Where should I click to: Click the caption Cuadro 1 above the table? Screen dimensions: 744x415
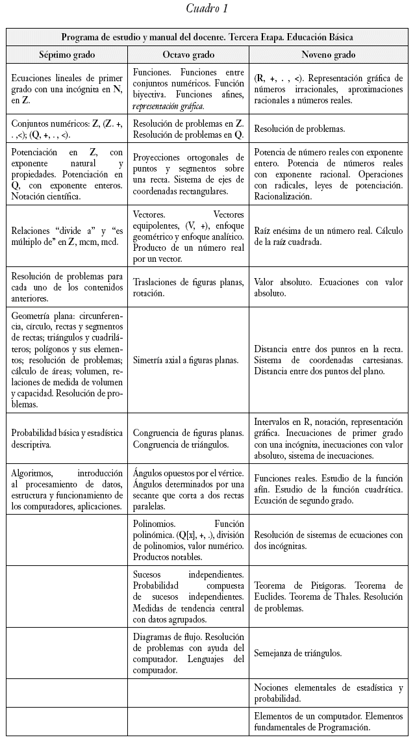point(207,8)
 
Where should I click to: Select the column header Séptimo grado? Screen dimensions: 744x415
point(66,55)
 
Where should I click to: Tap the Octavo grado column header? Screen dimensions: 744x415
point(188,55)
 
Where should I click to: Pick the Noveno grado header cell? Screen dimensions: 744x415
point(329,55)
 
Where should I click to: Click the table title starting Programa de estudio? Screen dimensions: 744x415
point(207,37)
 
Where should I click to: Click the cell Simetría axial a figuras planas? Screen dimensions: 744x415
point(188,360)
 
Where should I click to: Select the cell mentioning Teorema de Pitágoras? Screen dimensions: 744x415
point(329,596)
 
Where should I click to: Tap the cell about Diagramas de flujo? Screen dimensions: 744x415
point(188,653)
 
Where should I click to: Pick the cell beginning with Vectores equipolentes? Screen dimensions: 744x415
point(188,235)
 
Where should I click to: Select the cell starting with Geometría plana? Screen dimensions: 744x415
point(66,359)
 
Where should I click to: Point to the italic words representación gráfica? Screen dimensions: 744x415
point(168,106)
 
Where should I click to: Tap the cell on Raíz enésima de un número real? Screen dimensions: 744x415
point(329,236)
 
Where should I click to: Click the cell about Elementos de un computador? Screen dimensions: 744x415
point(329,721)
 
